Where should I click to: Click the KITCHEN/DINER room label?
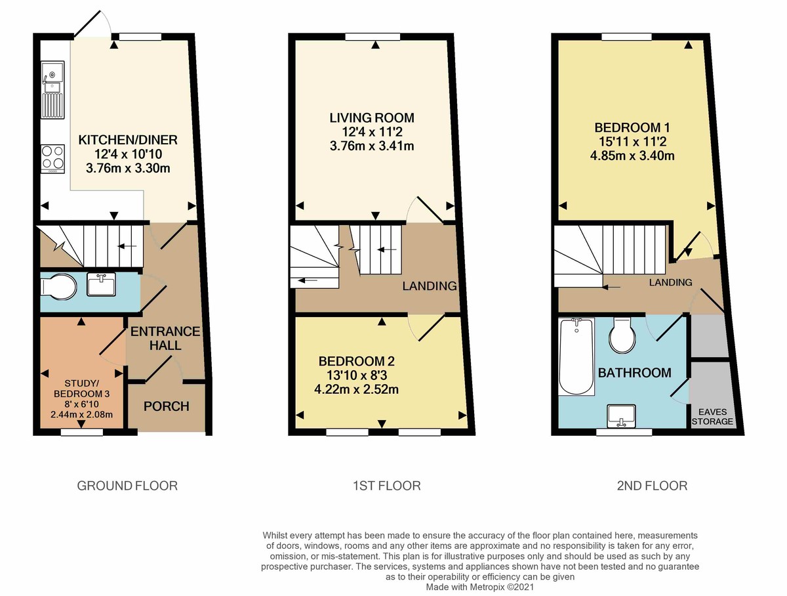click(128, 140)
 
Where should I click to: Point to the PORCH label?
click(167, 406)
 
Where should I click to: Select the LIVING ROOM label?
click(372, 118)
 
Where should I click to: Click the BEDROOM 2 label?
click(357, 361)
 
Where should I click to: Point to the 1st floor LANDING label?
click(430, 286)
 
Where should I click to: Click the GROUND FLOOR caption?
click(127, 486)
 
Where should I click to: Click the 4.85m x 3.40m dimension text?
click(633, 156)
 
